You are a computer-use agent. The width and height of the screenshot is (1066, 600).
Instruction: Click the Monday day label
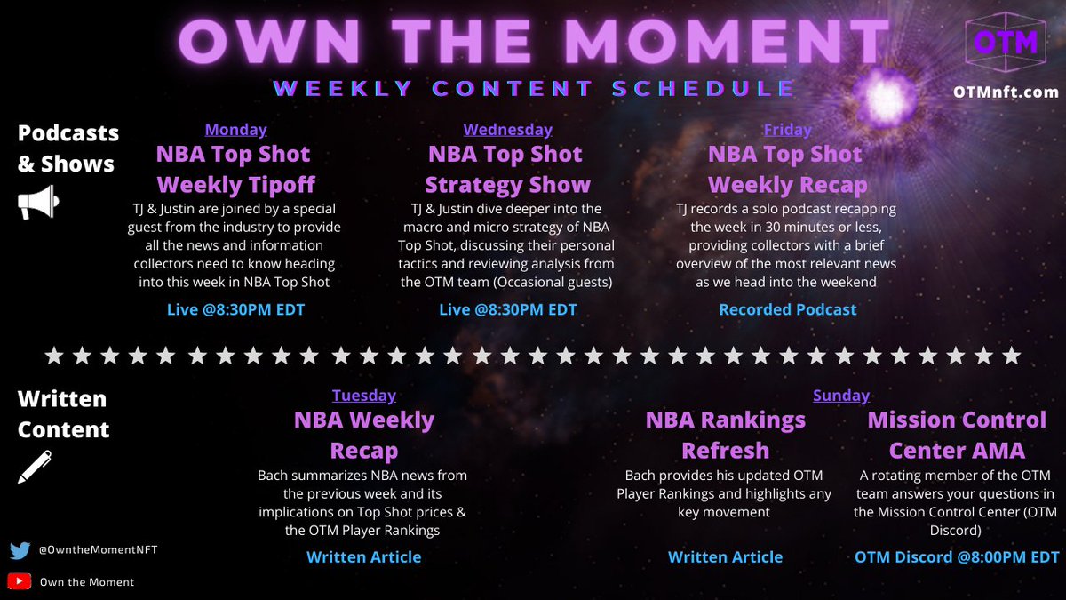[235, 130]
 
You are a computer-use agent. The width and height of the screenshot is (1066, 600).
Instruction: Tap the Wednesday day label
[507, 130]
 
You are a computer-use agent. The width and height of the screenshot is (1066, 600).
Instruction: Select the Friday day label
[787, 130]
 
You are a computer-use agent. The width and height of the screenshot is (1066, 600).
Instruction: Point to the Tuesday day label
[364, 396]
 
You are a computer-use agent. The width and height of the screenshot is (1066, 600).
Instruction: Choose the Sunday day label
[840, 396]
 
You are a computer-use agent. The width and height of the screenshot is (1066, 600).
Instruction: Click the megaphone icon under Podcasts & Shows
[38, 202]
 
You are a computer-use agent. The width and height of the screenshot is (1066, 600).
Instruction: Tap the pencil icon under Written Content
[35, 467]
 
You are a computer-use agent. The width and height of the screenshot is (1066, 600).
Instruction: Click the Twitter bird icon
[20, 551]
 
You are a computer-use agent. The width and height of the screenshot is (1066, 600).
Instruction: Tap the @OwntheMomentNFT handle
[98, 551]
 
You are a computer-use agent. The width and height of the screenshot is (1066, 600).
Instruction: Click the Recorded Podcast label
[787, 309]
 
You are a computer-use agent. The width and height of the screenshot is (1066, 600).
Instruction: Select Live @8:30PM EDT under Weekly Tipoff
[235, 309]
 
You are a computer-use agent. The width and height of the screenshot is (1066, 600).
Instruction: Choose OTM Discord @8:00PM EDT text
[957, 557]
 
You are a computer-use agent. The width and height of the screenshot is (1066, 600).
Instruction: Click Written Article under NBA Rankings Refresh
[725, 557]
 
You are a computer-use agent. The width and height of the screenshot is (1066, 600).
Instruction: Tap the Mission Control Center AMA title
[957, 435]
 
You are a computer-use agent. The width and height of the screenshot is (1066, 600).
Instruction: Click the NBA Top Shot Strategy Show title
[507, 170]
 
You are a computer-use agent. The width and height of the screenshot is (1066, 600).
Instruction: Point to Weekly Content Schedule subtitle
[534, 88]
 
